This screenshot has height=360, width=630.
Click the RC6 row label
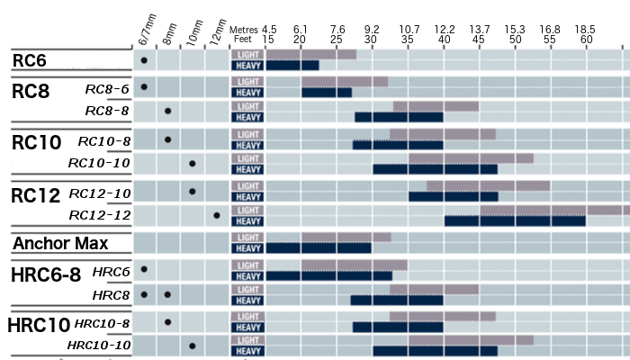click(x=30, y=60)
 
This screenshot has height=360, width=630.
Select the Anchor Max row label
click(x=60, y=244)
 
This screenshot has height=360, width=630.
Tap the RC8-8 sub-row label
click(x=107, y=111)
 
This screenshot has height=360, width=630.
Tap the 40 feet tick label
click(x=444, y=40)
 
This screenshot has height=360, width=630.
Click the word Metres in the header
click(x=244, y=29)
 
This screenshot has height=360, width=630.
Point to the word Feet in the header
click(x=242, y=40)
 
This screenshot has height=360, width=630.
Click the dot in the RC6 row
click(x=144, y=60)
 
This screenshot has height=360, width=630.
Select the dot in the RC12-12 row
click(x=217, y=215)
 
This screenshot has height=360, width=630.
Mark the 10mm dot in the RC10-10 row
click(x=193, y=164)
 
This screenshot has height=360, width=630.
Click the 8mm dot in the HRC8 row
click(x=168, y=294)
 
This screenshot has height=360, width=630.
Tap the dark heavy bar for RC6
click(x=292, y=66)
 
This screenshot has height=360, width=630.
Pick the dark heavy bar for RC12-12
click(x=515, y=220)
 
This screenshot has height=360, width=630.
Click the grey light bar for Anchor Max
click(x=346, y=238)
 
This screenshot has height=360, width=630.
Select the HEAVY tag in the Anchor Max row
click(x=247, y=248)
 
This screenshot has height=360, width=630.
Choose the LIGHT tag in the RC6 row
click(x=247, y=54)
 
